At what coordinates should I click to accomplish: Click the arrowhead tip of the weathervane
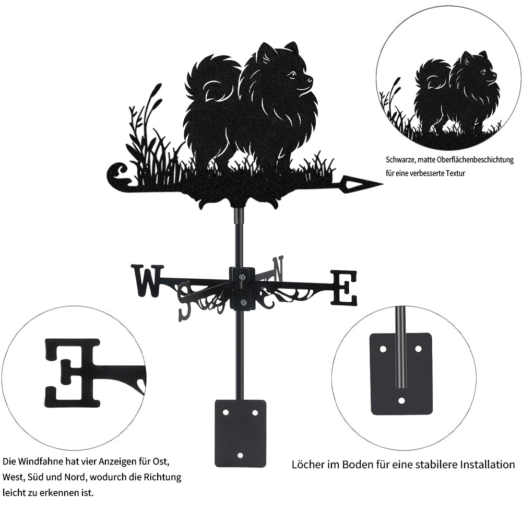coord(382,183)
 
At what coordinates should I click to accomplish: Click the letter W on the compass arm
coord(148,280)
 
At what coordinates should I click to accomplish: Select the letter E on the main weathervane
coord(344,288)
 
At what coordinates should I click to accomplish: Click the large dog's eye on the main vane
coord(292,74)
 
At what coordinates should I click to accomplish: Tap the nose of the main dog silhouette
coord(311,79)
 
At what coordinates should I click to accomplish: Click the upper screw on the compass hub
coord(242,276)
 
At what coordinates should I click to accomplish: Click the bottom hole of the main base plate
coord(240,455)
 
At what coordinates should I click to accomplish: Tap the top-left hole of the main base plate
coord(226,412)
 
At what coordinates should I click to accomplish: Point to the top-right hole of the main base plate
coord(255,413)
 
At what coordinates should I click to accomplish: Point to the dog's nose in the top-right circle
coord(494,74)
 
